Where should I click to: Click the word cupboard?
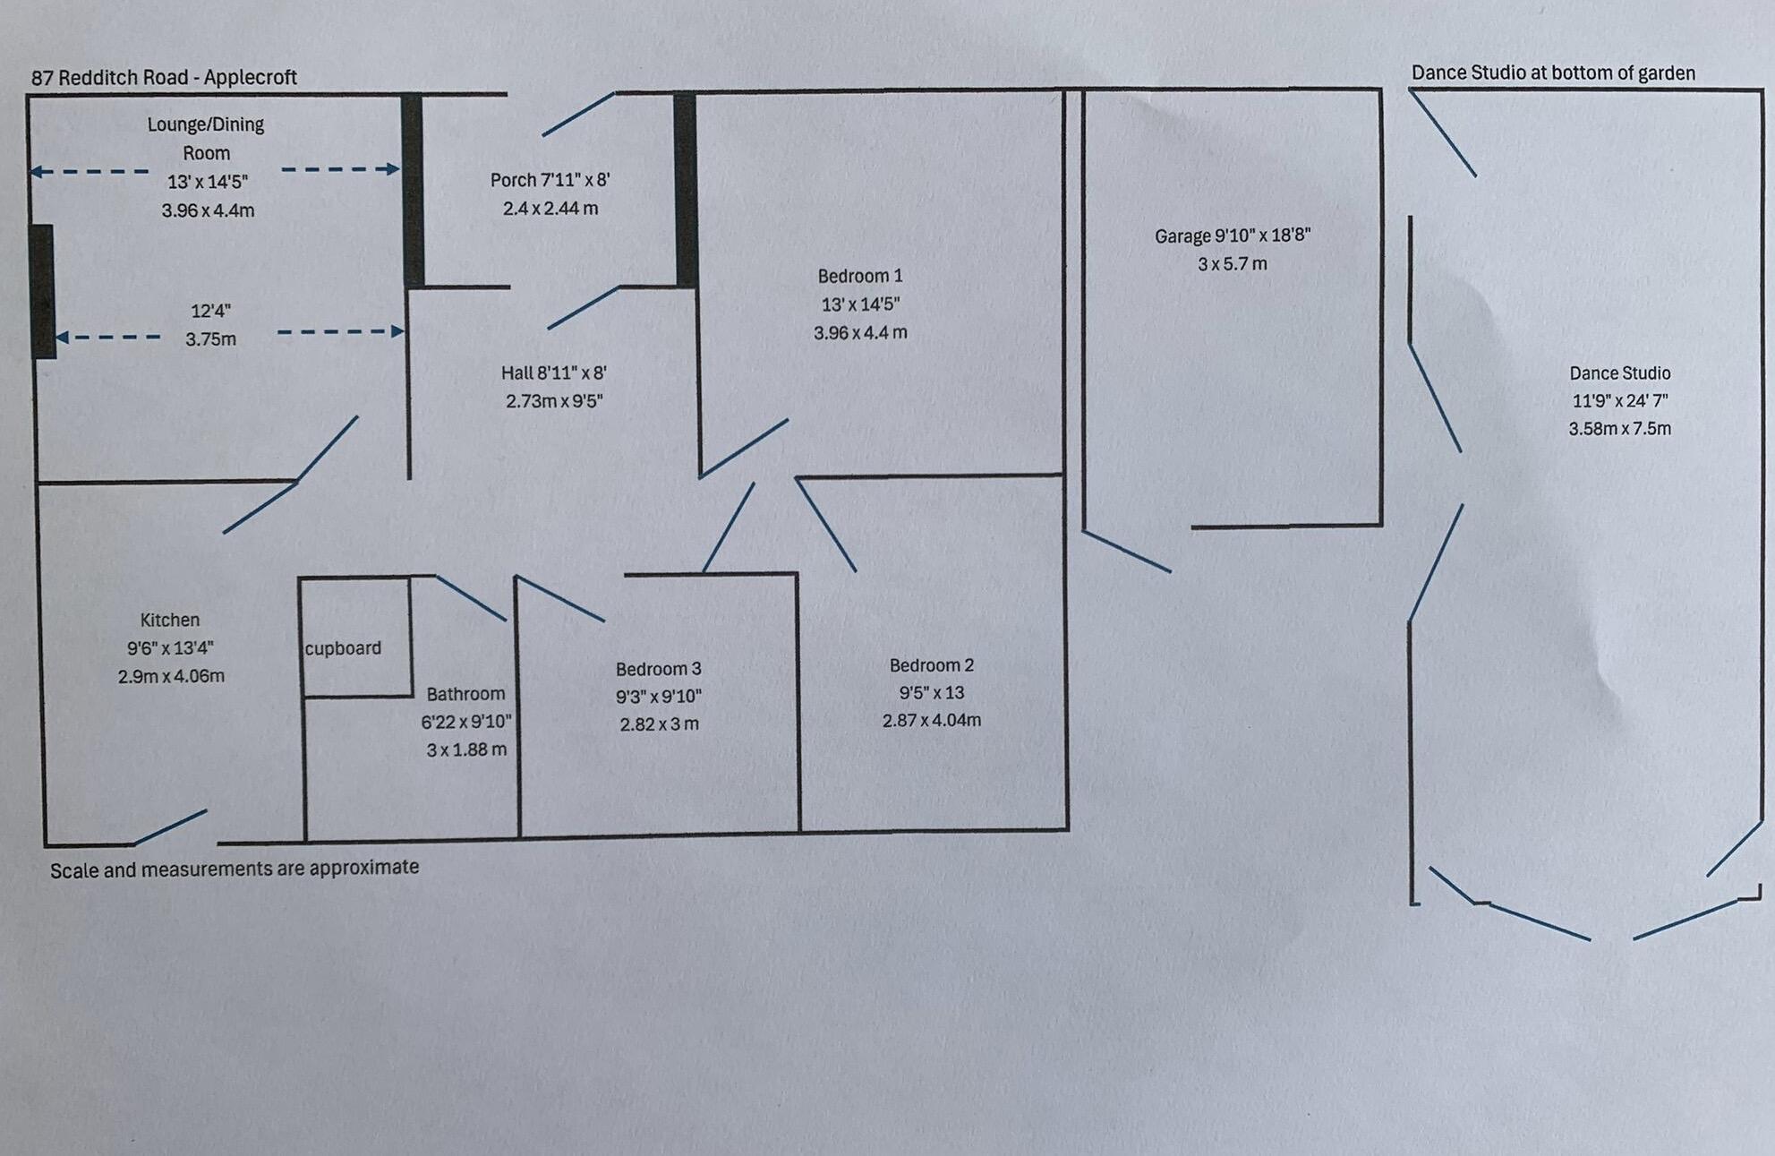pyautogui.click(x=343, y=648)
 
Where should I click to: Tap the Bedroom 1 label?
pyautogui.click(x=859, y=276)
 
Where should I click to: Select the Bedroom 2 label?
pyautogui.click(x=931, y=665)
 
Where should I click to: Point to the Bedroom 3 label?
pyautogui.click(x=658, y=669)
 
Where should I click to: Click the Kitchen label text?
pyautogui.click(x=169, y=620)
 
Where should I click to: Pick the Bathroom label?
pyautogui.click(x=465, y=694)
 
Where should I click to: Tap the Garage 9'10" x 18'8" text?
pyautogui.click(x=1233, y=235)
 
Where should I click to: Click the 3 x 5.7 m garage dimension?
pyautogui.click(x=1233, y=264)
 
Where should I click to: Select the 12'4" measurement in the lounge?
pyautogui.click(x=210, y=311)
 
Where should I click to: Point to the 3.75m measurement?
pyautogui.click(x=210, y=339)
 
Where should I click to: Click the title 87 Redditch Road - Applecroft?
pyautogui.click(x=164, y=78)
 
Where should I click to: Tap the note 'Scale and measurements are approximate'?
pyautogui.click(x=235, y=869)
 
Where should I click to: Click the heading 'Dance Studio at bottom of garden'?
pyautogui.click(x=1553, y=73)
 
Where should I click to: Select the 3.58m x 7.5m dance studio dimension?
pyautogui.click(x=1619, y=429)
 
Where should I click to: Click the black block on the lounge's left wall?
pyautogui.click(x=41, y=291)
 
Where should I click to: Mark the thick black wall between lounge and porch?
pyautogui.click(x=412, y=190)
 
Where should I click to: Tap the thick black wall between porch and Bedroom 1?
pyautogui.click(x=685, y=190)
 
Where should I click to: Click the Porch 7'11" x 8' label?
pyautogui.click(x=550, y=180)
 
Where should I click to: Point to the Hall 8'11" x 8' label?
pyautogui.click(x=553, y=372)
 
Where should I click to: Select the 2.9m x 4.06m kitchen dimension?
pyautogui.click(x=171, y=676)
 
